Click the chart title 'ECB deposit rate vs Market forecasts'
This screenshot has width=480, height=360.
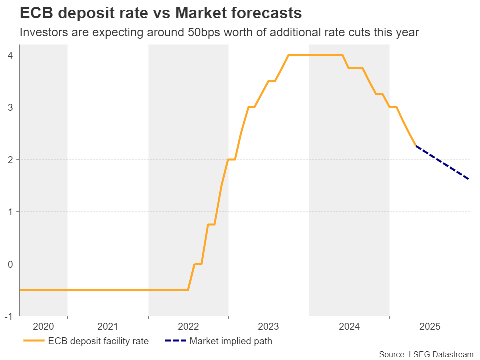click(154, 12)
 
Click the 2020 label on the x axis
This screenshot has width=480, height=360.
click(43, 327)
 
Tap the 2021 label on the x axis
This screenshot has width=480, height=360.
click(108, 327)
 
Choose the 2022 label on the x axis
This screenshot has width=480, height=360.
click(188, 327)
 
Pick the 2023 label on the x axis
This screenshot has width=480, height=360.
click(269, 327)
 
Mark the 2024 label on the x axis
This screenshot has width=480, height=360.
click(349, 327)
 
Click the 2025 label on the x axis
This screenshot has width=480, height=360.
click(430, 327)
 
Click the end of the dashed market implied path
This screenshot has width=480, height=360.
click(469, 179)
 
